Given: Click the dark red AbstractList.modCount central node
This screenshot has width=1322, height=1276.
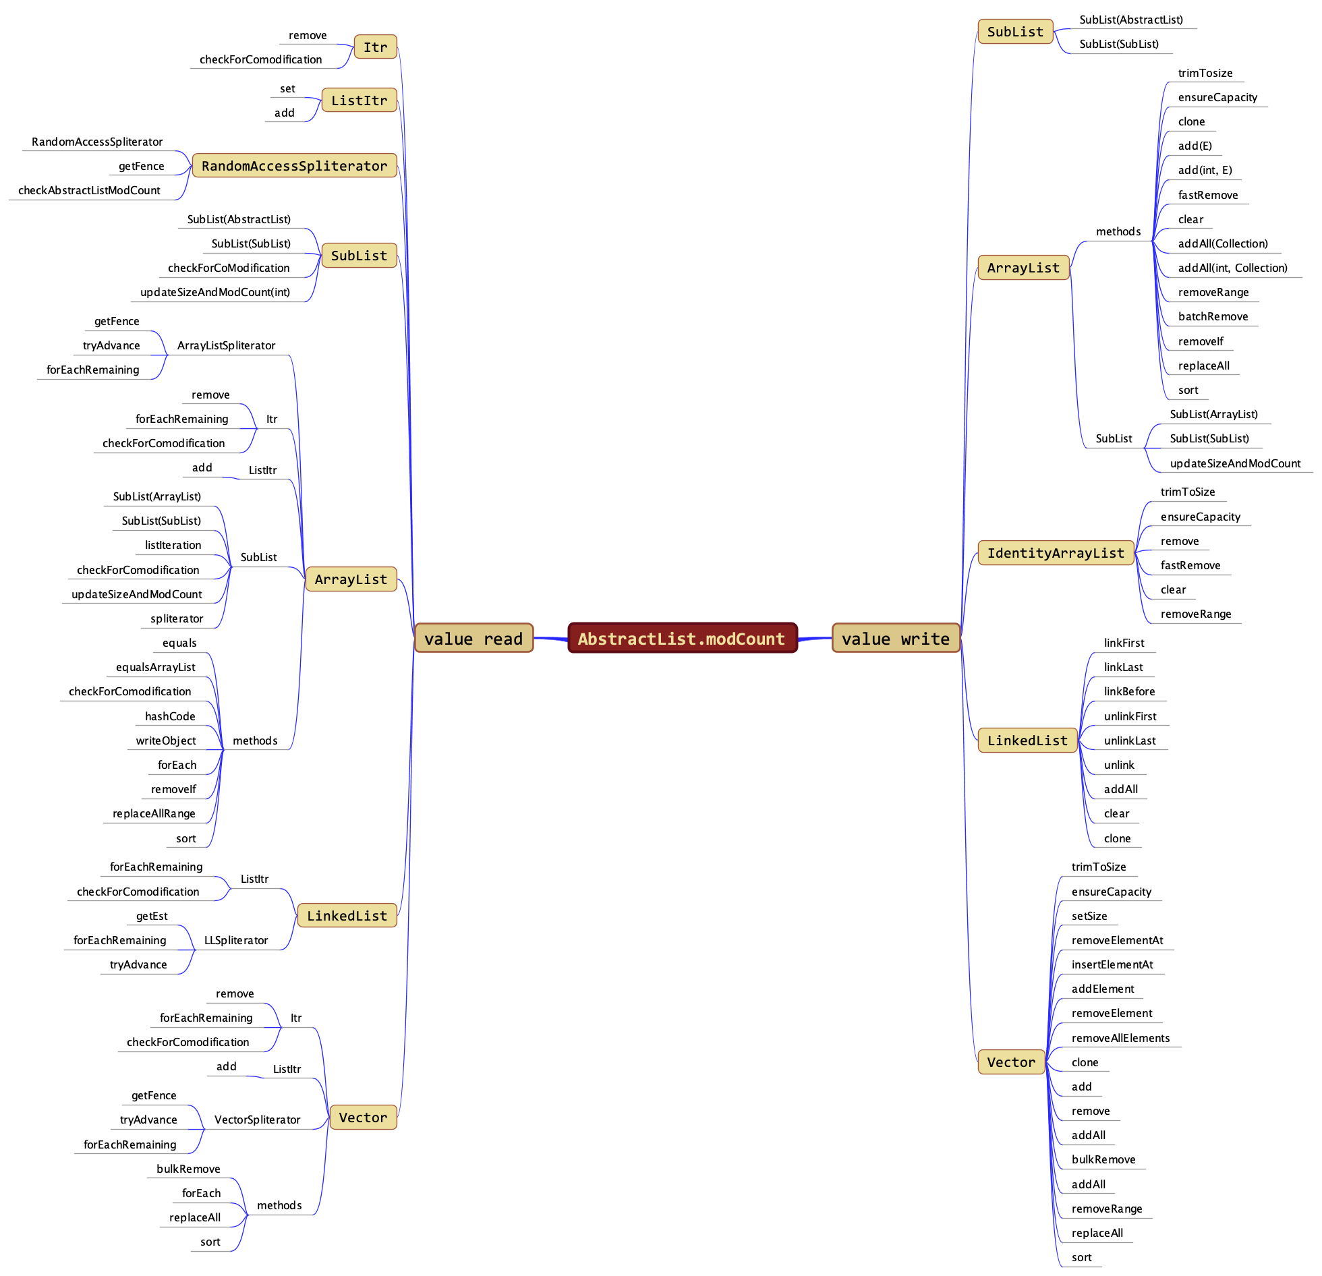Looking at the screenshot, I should pos(682,638).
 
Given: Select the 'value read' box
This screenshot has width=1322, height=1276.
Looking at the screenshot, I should pos(473,638).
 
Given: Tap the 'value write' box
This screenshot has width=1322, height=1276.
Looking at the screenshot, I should pos(895,638).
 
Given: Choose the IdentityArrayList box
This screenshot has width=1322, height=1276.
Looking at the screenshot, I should pos(1056,553).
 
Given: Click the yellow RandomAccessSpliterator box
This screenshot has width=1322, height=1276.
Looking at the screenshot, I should pos(294,166).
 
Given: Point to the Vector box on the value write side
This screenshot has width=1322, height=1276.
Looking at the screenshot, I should pos(1010,1062).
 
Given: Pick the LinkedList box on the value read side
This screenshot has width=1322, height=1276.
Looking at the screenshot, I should pos(347,915).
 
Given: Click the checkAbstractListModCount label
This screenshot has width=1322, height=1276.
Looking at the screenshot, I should pos(89,190).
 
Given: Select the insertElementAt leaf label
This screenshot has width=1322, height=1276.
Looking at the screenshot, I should pos(1112,964).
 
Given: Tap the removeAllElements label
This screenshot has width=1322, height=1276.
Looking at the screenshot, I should pos(1120,1038).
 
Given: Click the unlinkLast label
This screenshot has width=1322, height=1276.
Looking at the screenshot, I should pos(1129,741).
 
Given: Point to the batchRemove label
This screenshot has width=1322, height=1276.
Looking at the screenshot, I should pos(1213,316).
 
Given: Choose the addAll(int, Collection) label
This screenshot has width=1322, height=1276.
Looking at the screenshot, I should pos(1232,268).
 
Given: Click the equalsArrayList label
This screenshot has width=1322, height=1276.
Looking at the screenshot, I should pos(155,667).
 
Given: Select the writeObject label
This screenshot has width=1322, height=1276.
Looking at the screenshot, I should pos(166,741).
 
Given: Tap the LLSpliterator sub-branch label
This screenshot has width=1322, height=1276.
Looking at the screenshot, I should pos(236,940).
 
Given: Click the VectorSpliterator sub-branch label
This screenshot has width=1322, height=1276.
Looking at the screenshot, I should pos(257,1120).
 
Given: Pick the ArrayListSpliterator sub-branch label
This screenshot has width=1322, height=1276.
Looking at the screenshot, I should pos(226,345).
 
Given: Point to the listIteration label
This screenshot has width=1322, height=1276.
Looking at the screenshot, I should pos(173,545).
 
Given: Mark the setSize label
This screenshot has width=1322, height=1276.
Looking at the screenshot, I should pos(1089,916).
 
